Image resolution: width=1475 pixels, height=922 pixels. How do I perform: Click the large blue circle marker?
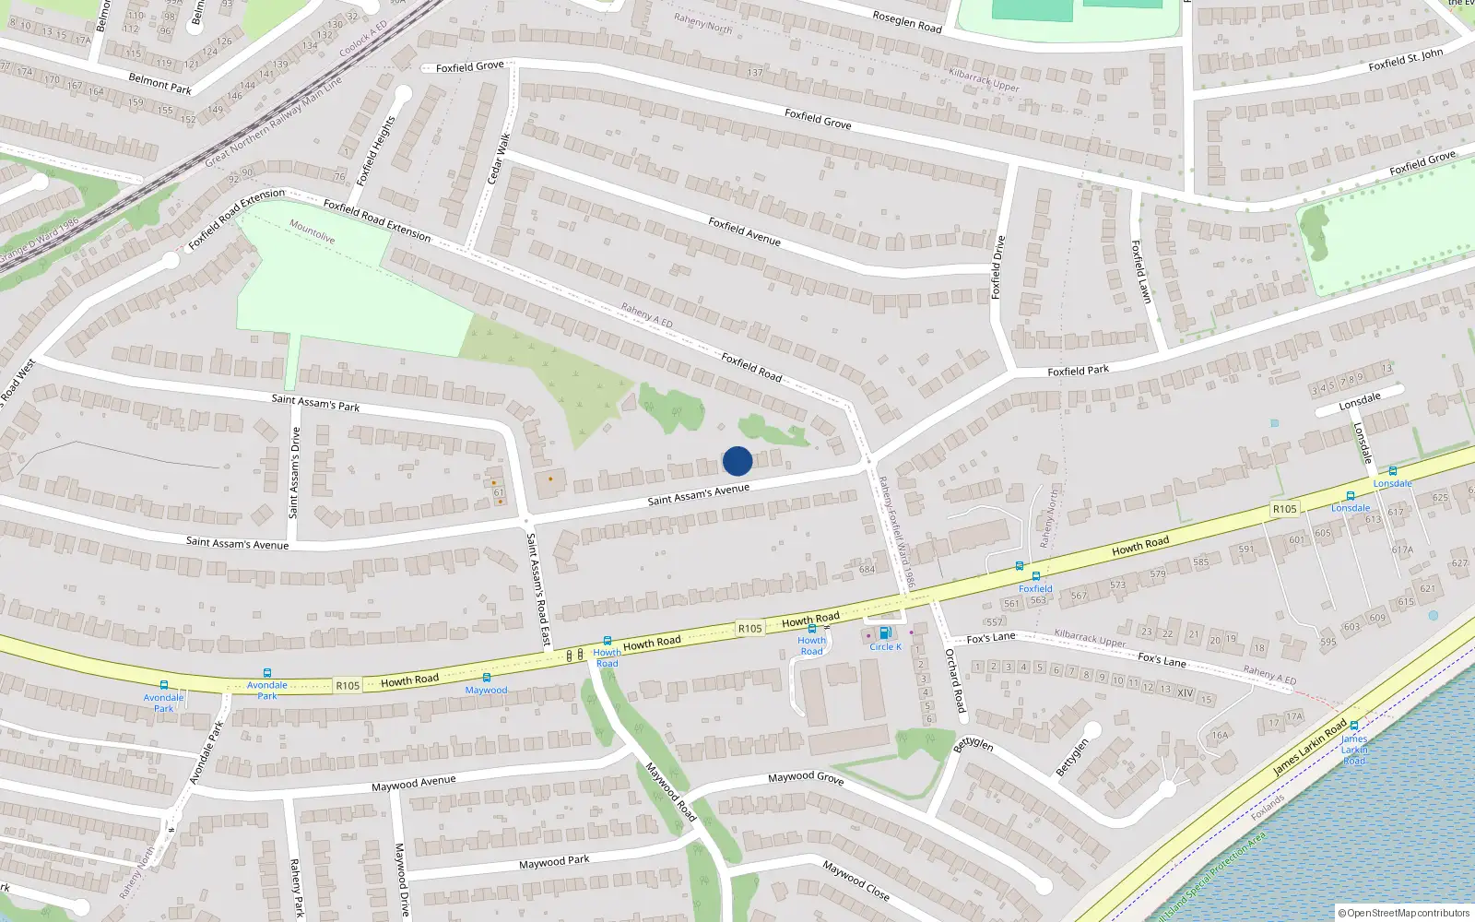737,461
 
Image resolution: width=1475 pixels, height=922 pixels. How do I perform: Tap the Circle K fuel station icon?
885,633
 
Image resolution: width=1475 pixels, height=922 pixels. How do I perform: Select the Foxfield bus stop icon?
1036,577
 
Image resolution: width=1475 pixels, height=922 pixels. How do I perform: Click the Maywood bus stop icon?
487,679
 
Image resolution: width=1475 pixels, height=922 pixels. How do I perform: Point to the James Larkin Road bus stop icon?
1354,726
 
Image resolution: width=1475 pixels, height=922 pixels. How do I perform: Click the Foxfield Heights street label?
376,150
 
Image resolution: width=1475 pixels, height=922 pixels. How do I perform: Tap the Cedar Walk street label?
499,159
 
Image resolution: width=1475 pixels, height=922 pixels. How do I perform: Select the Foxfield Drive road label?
997,267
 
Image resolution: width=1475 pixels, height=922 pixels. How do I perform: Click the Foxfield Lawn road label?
1141,271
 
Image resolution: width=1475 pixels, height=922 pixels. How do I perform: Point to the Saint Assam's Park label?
315,403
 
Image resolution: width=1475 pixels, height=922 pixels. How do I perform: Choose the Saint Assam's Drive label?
295,472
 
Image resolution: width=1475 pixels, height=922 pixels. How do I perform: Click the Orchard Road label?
955,680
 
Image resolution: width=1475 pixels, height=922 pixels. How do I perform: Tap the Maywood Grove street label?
806,777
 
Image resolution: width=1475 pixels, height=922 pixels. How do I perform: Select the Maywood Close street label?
856,880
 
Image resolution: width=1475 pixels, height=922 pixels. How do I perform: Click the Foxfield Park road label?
1078,371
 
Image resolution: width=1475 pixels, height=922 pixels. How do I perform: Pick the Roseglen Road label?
907,21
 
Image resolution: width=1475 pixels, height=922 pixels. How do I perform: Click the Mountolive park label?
313,230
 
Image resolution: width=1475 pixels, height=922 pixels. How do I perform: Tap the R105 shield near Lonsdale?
1284,509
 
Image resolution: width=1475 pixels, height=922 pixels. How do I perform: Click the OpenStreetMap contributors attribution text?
1404,913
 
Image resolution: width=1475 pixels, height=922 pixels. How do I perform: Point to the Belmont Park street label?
160,84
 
